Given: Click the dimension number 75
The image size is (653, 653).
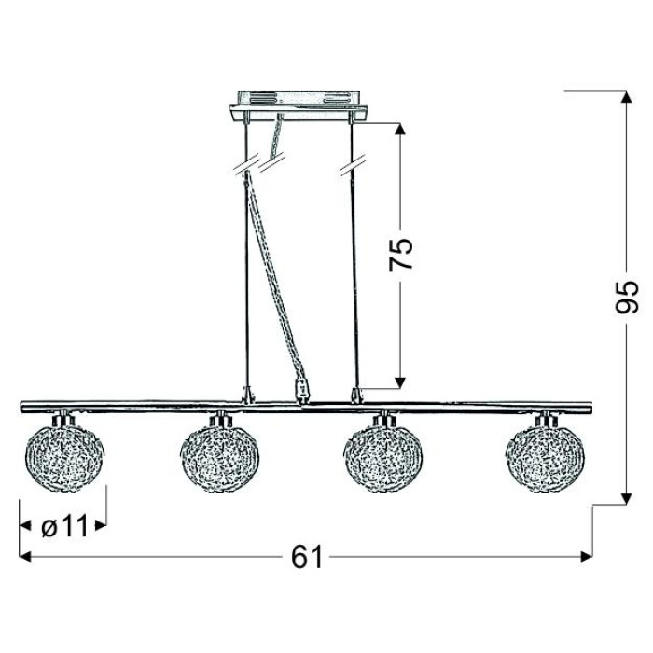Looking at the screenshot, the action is (400, 255).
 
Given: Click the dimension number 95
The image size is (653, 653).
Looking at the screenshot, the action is (626, 297).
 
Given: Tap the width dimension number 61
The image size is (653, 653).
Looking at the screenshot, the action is (307, 557).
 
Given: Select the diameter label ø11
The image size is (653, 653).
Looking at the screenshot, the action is (64, 526).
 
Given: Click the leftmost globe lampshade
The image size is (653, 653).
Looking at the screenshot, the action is (65, 457).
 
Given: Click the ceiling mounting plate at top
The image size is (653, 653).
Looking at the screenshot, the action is (299, 106).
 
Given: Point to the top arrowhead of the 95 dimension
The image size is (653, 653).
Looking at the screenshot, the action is (626, 97).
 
